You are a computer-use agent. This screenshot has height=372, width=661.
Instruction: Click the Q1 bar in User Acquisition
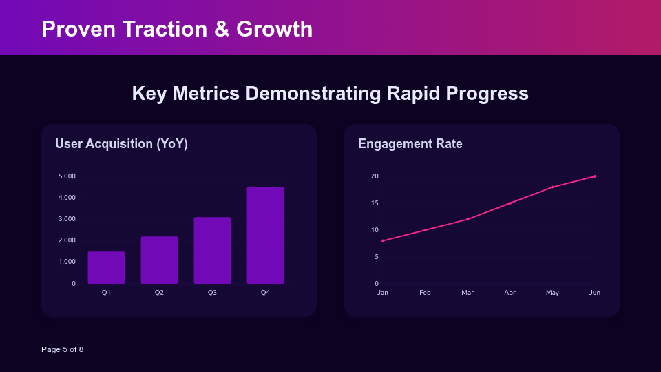pos(106,268)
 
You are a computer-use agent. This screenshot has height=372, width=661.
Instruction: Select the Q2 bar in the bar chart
pos(159,260)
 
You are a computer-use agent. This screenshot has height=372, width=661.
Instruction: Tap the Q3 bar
pos(212,251)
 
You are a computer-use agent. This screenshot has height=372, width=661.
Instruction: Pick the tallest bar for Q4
pos(265,236)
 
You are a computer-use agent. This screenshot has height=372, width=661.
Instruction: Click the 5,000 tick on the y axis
pos(67,176)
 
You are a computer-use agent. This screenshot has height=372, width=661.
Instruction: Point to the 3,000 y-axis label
pos(67,219)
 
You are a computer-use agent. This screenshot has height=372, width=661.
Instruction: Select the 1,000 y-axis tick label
pos(67,262)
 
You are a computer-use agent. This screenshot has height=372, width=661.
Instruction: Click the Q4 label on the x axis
pos(265,293)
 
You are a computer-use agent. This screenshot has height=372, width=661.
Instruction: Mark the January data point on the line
pos(383,240)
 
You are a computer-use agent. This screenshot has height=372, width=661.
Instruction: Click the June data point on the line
pos(595,176)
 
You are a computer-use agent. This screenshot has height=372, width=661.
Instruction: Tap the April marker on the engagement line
pos(510,203)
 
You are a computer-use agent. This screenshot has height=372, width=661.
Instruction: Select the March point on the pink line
pos(468,219)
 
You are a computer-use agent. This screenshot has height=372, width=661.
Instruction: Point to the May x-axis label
pos(552,293)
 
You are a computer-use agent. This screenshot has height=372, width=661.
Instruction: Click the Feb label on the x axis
pos(425,293)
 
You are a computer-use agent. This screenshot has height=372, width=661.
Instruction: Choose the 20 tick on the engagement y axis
pos(375,176)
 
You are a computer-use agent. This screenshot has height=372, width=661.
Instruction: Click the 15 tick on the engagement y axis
pos(375,203)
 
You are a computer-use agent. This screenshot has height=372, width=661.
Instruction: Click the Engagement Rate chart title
pos(410,144)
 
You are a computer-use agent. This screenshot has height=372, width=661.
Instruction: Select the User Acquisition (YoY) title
pos(121,144)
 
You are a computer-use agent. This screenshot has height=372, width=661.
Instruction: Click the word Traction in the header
pos(171,29)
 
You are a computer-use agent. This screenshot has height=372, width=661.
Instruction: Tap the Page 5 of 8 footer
pos(62,349)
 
